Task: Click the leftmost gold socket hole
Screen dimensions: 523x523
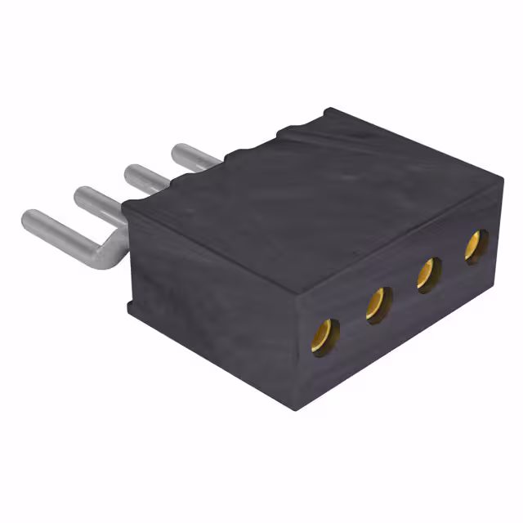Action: (325, 334)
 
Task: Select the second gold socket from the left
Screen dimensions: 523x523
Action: (377, 304)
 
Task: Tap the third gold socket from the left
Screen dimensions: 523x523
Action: (427, 274)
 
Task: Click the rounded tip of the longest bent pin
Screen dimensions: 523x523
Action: (29, 219)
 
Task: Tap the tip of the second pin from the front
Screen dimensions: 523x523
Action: (82, 195)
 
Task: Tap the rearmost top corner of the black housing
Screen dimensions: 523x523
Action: (327, 110)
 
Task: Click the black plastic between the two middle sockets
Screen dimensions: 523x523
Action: (402, 291)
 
